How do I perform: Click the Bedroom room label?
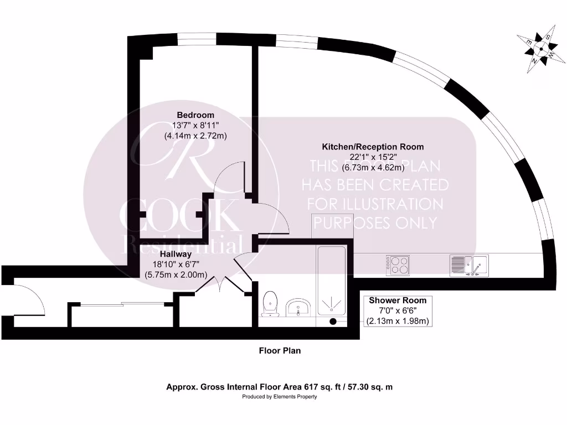coord(195,115)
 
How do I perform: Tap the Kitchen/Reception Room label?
coord(373,147)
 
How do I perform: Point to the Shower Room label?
coord(398,300)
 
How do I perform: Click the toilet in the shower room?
coord(270,304)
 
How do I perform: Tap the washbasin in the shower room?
coord(299,307)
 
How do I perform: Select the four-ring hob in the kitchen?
coord(397,265)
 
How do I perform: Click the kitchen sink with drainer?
coord(468,265)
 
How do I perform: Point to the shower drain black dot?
coord(333,321)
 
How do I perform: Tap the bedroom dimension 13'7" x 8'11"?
coord(195,125)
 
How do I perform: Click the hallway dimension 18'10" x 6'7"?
coord(176,265)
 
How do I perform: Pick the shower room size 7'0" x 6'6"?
coord(398,310)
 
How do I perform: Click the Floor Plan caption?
coord(280,350)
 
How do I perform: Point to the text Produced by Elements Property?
coord(280,397)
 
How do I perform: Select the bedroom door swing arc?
coord(227,177)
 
